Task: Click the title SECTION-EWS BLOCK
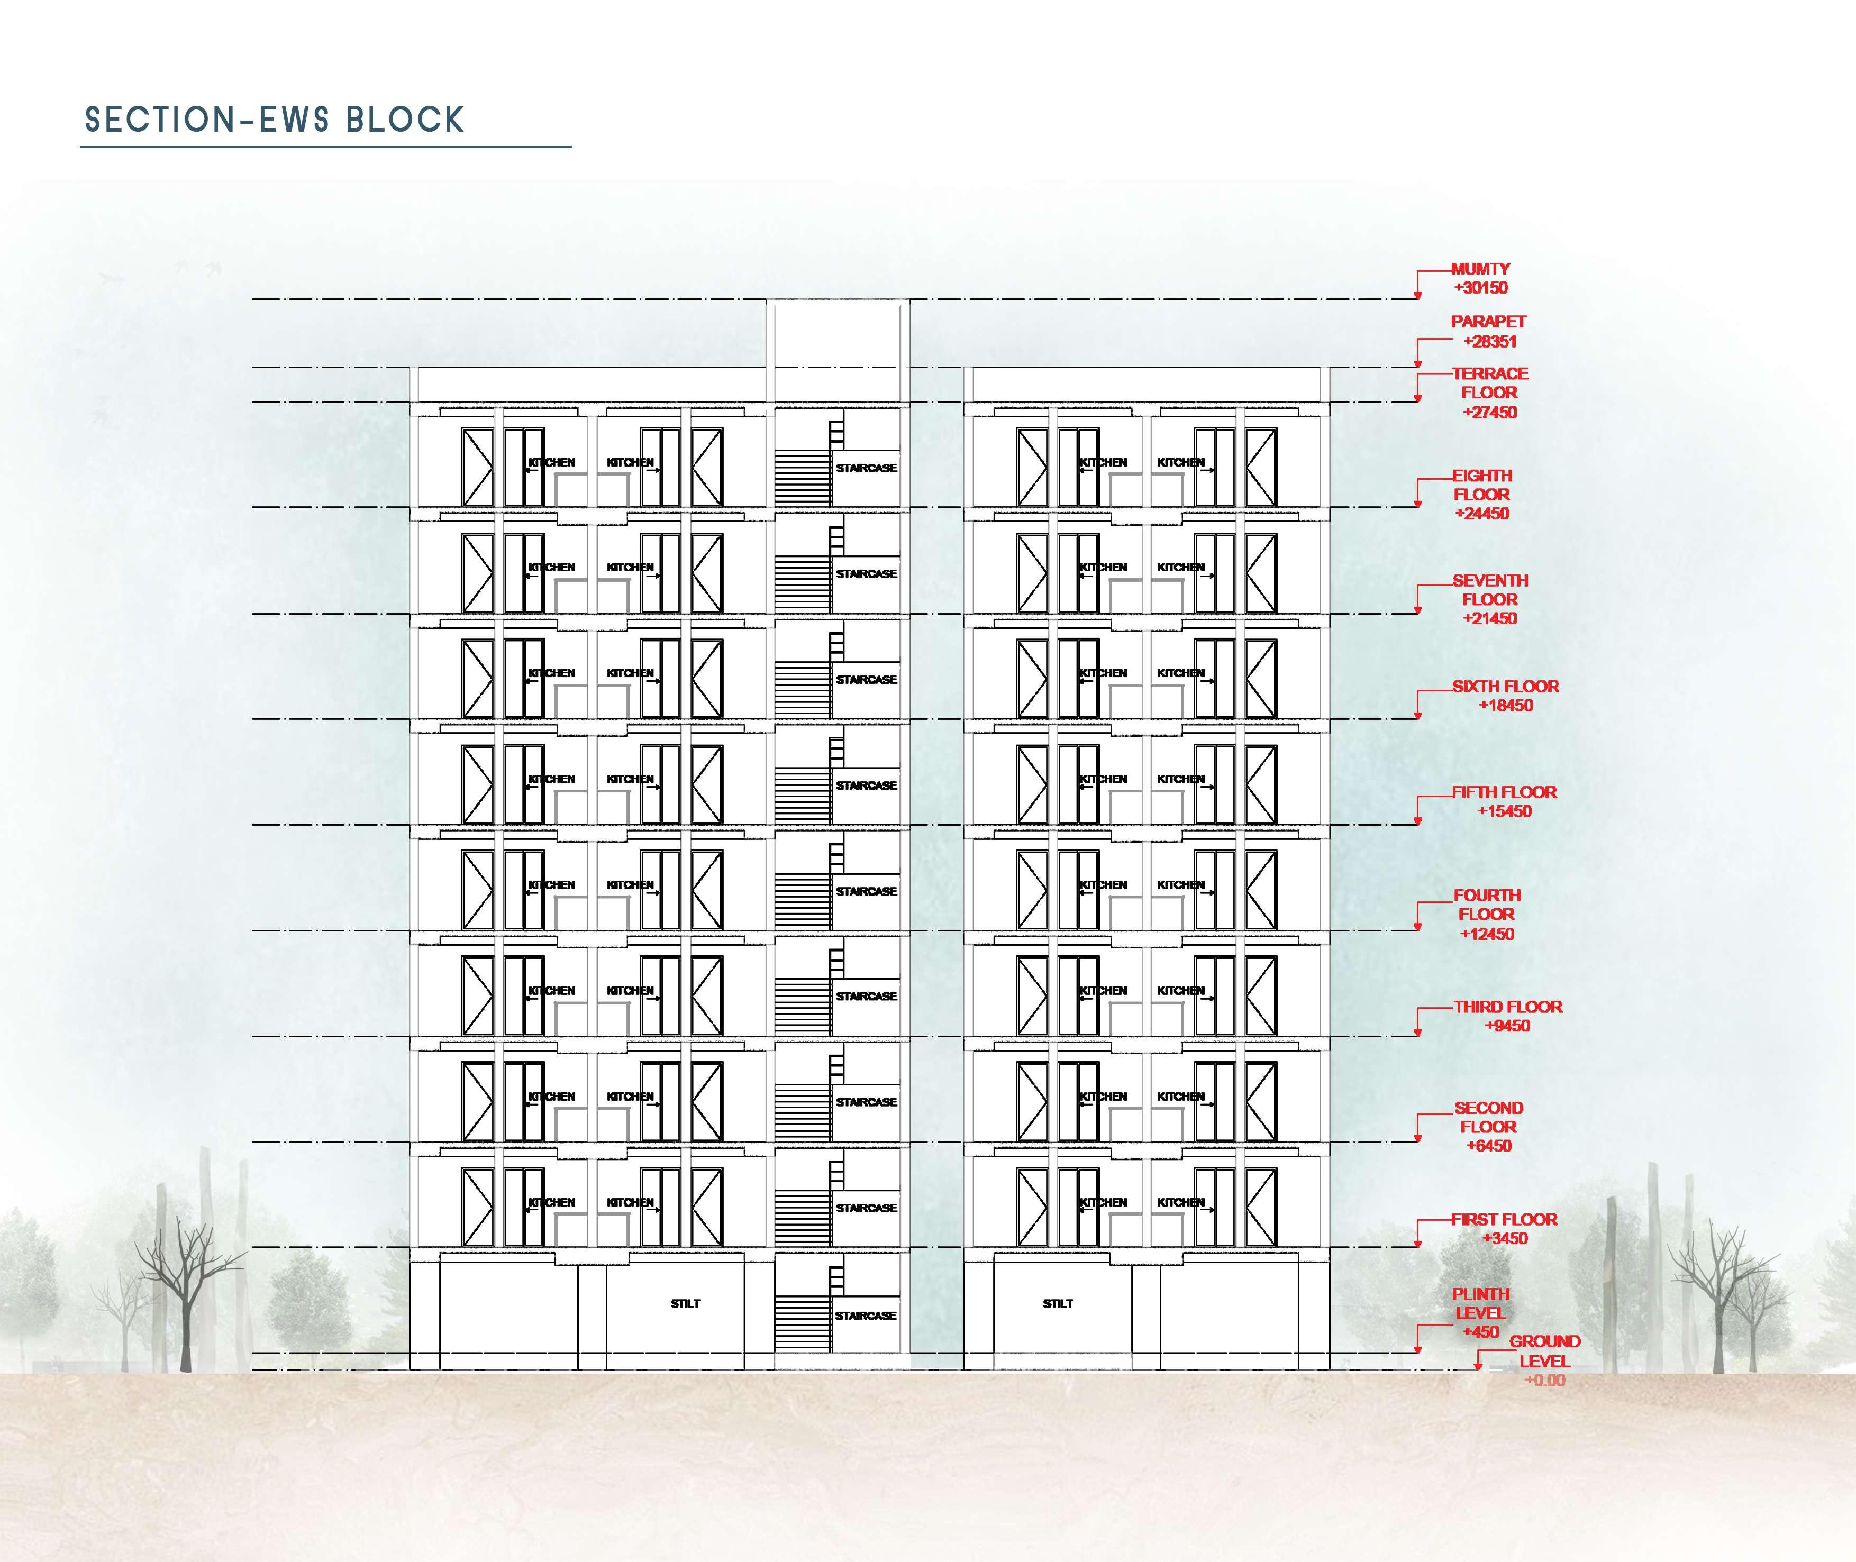pyautogui.click(x=275, y=120)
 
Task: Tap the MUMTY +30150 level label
pyautogui.click(x=1480, y=278)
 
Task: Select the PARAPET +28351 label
pyautogui.click(x=1488, y=331)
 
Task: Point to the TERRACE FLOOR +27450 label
pyautogui.click(x=1489, y=392)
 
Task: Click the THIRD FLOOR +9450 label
pyautogui.click(x=1507, y=1016)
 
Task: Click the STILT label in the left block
pyautogui.click(x=685, y=1303)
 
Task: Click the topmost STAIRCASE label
pyautogui.click(x=866, y=468)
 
